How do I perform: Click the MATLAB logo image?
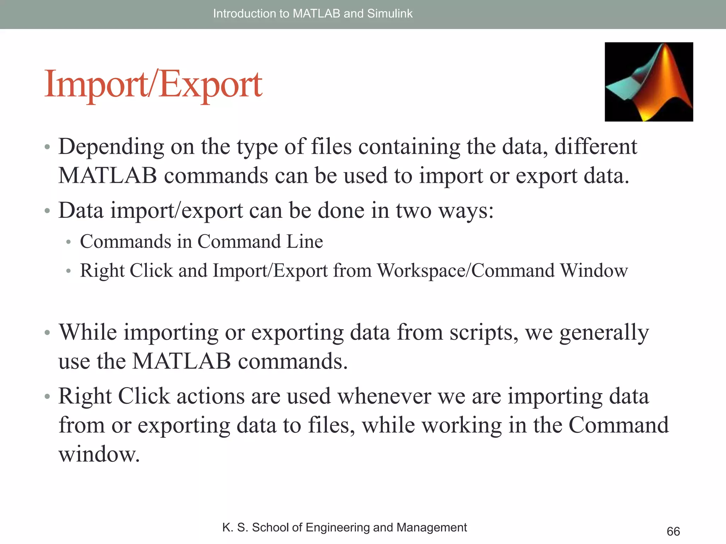point(649,82)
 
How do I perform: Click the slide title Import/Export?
point(153,85)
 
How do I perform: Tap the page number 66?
point(673,531)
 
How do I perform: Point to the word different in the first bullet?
point(596,147)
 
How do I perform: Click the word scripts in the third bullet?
point(484,333)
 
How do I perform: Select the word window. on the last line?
point(99,454)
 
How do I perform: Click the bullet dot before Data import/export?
point(48,211)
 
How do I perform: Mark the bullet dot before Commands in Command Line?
point(69,242)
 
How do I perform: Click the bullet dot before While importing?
point(48,333)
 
